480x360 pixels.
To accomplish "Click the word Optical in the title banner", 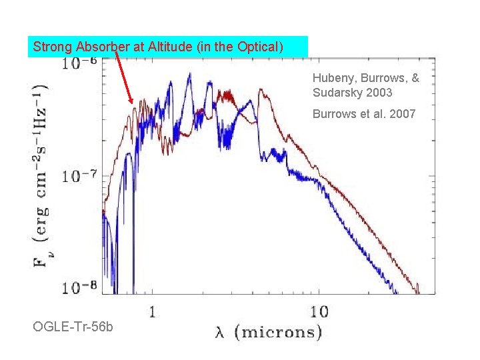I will click(x=262, y=47).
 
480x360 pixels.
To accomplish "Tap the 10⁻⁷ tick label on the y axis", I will click(x=79, y=177).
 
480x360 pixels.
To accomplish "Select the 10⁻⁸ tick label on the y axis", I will click(x=79, y=287).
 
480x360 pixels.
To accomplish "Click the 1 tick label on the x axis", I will click(x=153, y=311).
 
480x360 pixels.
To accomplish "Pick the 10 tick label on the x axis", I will click(x=319, y=311).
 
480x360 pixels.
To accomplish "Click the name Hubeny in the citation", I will click(x=331, y=79).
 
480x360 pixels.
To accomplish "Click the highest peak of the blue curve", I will click(x=190, y=74).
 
